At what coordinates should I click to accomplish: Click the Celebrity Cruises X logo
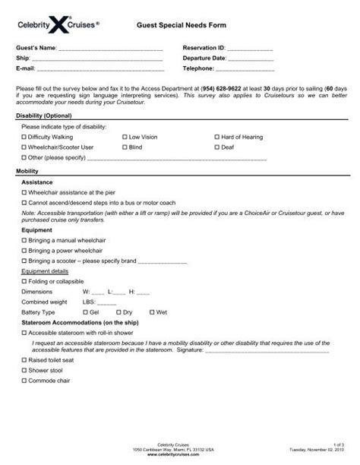[x=58, y=25]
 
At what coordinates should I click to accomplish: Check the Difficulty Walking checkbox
[x=24, y=137]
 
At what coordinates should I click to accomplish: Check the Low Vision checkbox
[x=123, y=137]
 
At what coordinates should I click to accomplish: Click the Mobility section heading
[x=28, y=172]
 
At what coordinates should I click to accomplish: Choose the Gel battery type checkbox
[x=84, y=312]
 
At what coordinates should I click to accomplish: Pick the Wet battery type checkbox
[x=152, y=312]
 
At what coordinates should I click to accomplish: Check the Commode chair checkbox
[x=24, y=382]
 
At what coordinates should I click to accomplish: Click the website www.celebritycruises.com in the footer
[x=180, y=452]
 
